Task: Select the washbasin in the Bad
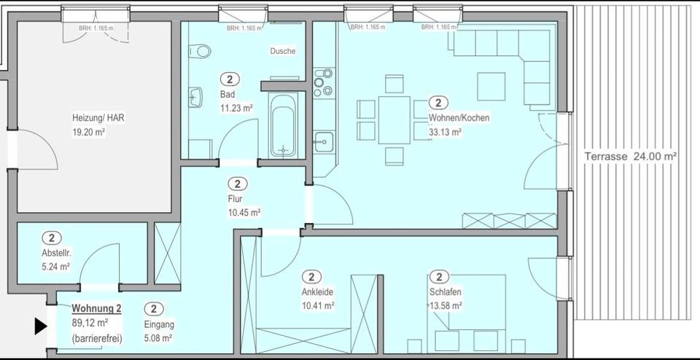click(x=195, y=96)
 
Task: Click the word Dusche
click(x=283, y=52)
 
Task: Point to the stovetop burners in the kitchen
click(x=323, y=82)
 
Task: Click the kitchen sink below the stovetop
click(x=323, y=141)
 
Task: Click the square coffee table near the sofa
click(x=491, y=86)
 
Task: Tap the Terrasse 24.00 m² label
click(x=631, y=156)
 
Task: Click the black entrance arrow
click(x=41, y=326)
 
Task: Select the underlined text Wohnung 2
click(x=96, y=309)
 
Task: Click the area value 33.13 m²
click(x=446, y=132)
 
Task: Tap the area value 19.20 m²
click(x=89, y=133)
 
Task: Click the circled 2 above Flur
click(x=238, y=184)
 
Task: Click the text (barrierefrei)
click(x=96, y=338)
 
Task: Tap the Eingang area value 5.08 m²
click(x=158, y=338)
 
